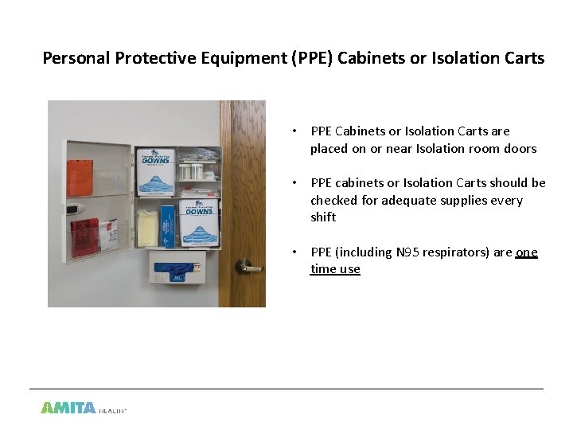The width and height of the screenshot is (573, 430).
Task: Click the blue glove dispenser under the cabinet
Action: (176, 269)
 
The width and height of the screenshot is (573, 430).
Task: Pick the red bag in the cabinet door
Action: (84, 236)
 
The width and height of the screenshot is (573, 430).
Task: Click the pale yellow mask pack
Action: (147, 228)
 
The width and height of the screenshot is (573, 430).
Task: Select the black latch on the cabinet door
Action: (72, 208)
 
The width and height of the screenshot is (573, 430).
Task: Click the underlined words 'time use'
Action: (335, 269)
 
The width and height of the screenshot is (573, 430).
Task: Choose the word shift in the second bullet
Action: (323, 217)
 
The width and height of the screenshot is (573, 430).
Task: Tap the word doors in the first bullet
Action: (520, 148)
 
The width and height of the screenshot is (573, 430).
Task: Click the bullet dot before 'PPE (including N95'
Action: (294, 252)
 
